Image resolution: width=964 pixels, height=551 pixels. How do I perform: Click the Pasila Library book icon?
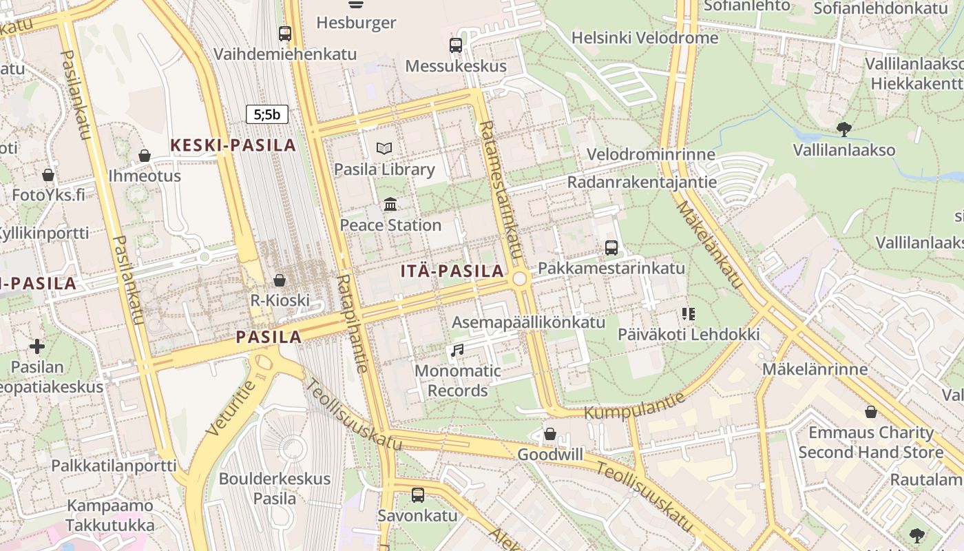pos(384,148)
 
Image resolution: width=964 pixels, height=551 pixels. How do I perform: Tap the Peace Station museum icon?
pos(390,204)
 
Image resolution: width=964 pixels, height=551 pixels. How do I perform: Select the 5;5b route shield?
pos(267,114)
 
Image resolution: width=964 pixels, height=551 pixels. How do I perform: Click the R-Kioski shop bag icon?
pos(280,280)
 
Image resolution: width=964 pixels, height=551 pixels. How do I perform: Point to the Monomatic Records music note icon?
pos(457,351)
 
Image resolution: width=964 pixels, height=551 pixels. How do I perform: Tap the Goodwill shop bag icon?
pos(549,434)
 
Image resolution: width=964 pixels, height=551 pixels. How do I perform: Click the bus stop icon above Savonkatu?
pos(417,495)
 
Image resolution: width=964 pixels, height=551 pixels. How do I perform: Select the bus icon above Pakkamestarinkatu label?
pos(611,247)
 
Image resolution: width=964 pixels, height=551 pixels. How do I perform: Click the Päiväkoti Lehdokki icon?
pos(688,314)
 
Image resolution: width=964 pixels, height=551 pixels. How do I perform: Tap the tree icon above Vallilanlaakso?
pos(843,129)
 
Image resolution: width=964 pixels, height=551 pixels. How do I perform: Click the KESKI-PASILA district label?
pos(233,145)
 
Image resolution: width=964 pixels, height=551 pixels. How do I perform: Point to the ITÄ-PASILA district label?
pos(452,271)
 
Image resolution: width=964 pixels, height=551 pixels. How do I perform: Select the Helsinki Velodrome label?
pos(645,38)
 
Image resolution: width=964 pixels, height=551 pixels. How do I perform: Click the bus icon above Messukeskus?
pos(455,45)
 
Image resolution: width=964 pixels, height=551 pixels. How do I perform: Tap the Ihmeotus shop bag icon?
pos(145,156)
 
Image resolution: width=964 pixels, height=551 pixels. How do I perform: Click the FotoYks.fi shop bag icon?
pos(48,175)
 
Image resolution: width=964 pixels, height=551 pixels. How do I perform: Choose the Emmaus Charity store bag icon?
pos(871,412)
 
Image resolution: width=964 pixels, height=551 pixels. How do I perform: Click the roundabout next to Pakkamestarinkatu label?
pos(520,278)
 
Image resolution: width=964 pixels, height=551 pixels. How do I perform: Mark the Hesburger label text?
pos(356,23)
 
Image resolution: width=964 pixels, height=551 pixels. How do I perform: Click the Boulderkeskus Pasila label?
pos(275,488)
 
